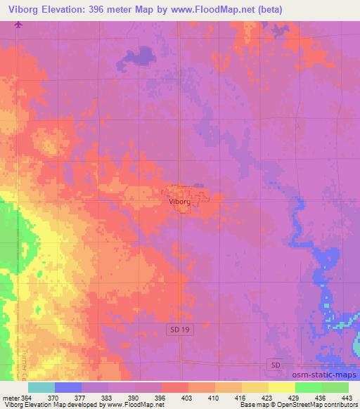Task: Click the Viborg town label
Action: point(180,201)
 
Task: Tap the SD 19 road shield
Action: point(180,330)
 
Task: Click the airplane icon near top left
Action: point(18,25)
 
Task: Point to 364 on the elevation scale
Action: point(25,397)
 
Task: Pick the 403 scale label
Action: point(187,397)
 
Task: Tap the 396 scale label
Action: point(161,397)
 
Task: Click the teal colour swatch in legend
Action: point(41,387)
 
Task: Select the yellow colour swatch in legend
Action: point(282,387)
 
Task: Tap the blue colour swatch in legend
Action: point(68,387)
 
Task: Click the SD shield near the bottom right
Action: point(276,364)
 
